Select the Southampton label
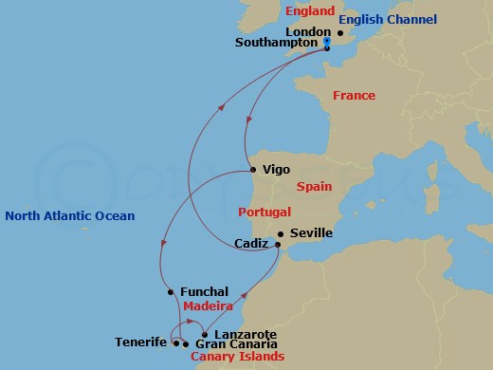(277, 44)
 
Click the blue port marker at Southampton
(325, 44)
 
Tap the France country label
(354, 96)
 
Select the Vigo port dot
(252, 170)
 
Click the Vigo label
(275, 170)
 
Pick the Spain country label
(314, 188)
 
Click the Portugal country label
(265, 212)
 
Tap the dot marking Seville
(280, 234)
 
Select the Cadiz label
(252, 244)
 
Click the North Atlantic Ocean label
(70, 216)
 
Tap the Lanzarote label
(246, 335)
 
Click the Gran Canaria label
(229, 343)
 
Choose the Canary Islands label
(237, 358)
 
